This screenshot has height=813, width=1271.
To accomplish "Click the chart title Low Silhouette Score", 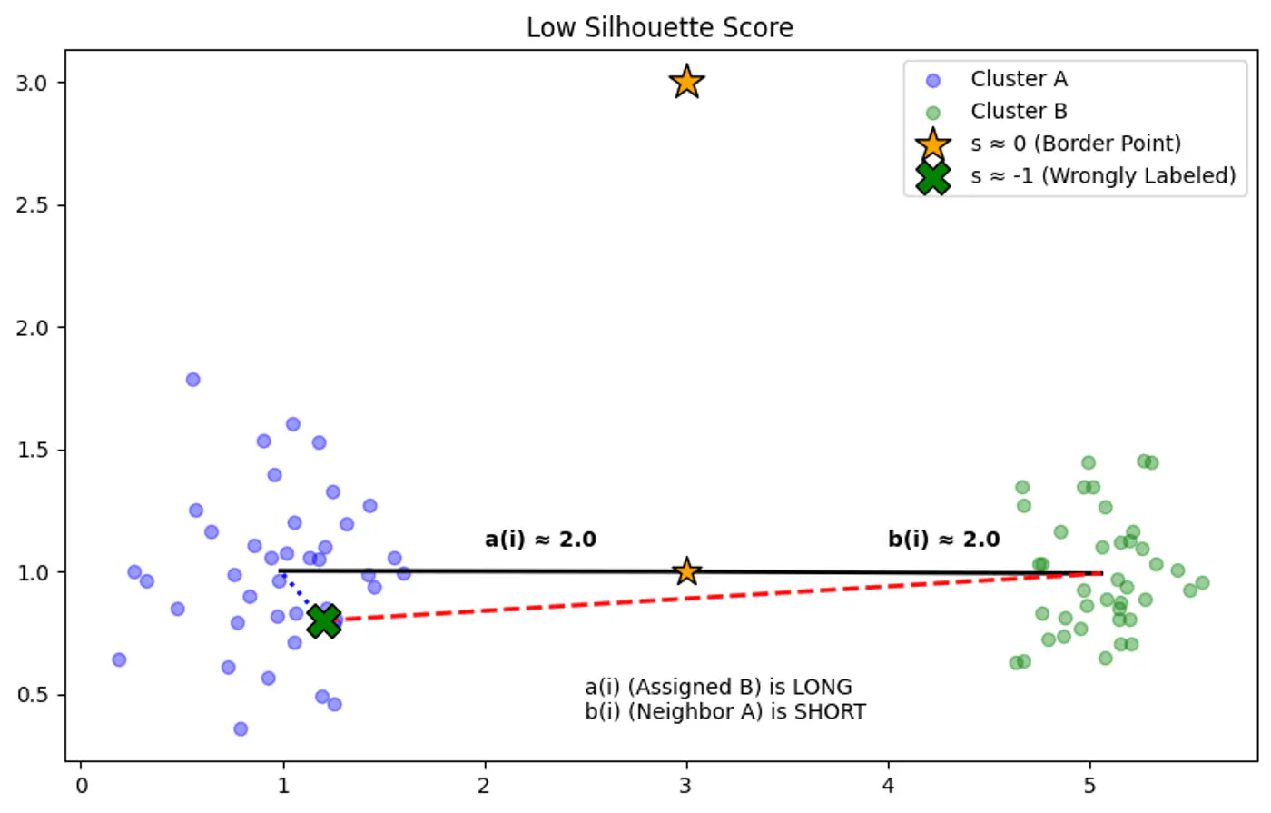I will click(659, 27).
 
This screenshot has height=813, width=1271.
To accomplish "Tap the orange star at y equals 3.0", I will click(686, 82).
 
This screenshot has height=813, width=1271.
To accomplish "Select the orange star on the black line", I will click(686, 571).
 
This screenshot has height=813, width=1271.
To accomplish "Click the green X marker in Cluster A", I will click(323, 621).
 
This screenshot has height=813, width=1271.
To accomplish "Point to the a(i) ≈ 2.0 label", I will click(540, 540).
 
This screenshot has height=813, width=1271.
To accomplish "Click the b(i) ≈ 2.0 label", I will click(943, 540).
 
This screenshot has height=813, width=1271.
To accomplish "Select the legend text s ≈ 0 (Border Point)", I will click(1076, 144).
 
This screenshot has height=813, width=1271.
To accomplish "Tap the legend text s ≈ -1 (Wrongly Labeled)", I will click(1103, 175).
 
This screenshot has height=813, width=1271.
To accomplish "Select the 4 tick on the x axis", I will click(888, 786).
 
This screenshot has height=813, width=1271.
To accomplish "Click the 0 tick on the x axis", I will click(82, 786).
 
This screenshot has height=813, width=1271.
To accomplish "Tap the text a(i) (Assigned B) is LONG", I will click(718, 687).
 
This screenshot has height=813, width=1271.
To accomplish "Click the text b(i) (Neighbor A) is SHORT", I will click(724, 711).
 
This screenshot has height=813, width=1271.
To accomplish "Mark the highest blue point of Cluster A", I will click(192, 380).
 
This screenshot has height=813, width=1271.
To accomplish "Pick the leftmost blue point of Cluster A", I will click(119, 659).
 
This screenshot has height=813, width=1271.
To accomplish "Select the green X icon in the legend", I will click(932, 176).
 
